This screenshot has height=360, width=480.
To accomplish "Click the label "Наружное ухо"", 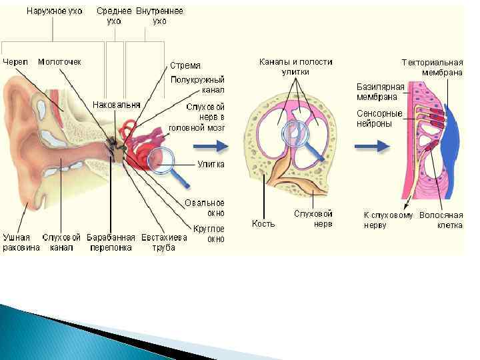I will click(x=55, y=11).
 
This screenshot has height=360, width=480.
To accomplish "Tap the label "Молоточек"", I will click(x=59, y=61).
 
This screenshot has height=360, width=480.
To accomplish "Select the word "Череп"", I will click(x=16, y=61).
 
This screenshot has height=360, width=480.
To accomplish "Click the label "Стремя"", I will click(x=185, y=65).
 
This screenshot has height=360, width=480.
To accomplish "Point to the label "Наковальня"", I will click(x=117, y=105).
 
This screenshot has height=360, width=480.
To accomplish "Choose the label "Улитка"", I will click(x=211, y=164).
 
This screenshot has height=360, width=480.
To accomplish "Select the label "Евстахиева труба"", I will click(x=163, y=242).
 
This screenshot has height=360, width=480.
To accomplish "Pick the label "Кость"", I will click(x=263, y=223).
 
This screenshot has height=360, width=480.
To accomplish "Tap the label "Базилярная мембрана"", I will click(x=381, y=92).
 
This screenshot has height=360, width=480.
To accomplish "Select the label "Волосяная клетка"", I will click(x=441, y=220).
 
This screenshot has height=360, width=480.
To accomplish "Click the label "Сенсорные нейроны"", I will click(x=379, y=118).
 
